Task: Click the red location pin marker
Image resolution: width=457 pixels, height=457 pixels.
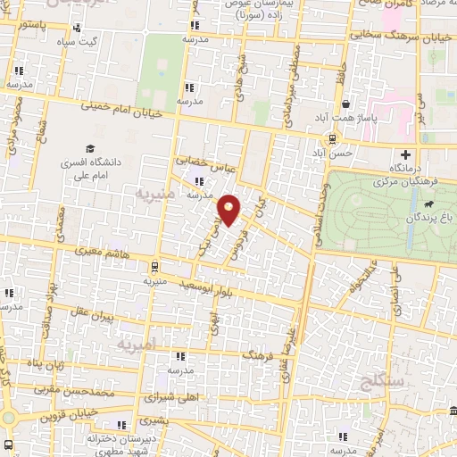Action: [x=230, y=210]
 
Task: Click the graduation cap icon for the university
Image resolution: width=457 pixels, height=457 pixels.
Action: [x=88, y=148]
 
